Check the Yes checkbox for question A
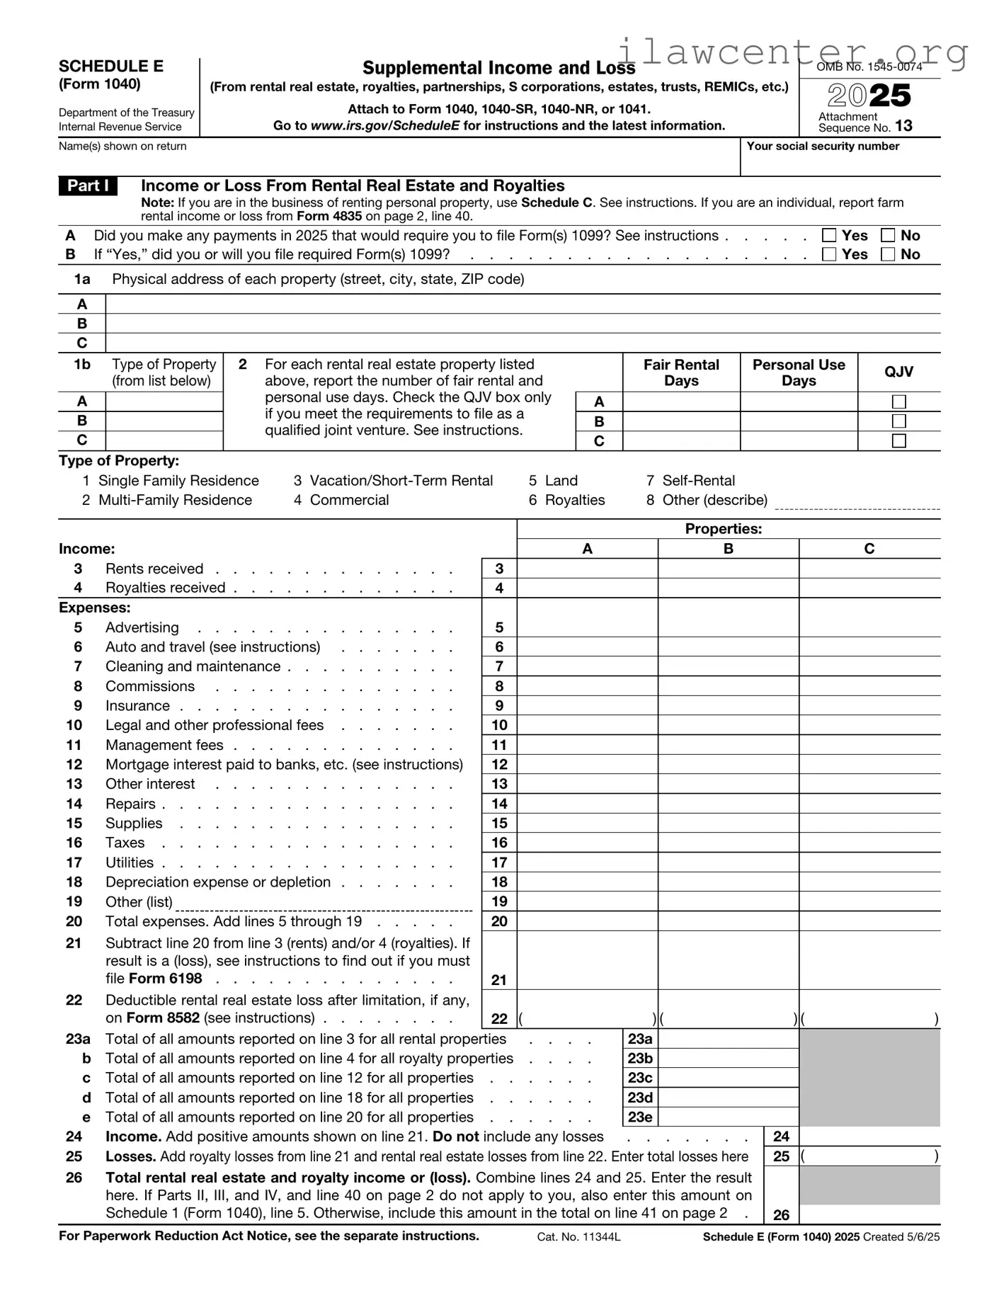[829, 235]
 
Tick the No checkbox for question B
[888, 254]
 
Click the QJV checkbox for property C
[898, 440]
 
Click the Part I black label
[88, 186]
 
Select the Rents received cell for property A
[587, 569]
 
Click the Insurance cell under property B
[728, 706]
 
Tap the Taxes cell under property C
[869, 843]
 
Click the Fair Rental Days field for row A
[681, 401]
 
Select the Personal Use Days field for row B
[799, 421]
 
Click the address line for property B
[523, 324]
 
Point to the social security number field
[840, 164]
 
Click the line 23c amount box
[728, 1078]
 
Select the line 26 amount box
[869, 1214]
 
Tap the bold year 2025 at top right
[869, 96]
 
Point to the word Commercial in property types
[349, 500]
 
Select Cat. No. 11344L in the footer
[578, 1236]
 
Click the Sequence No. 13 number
[903, 126]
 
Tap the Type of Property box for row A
[164, 401]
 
